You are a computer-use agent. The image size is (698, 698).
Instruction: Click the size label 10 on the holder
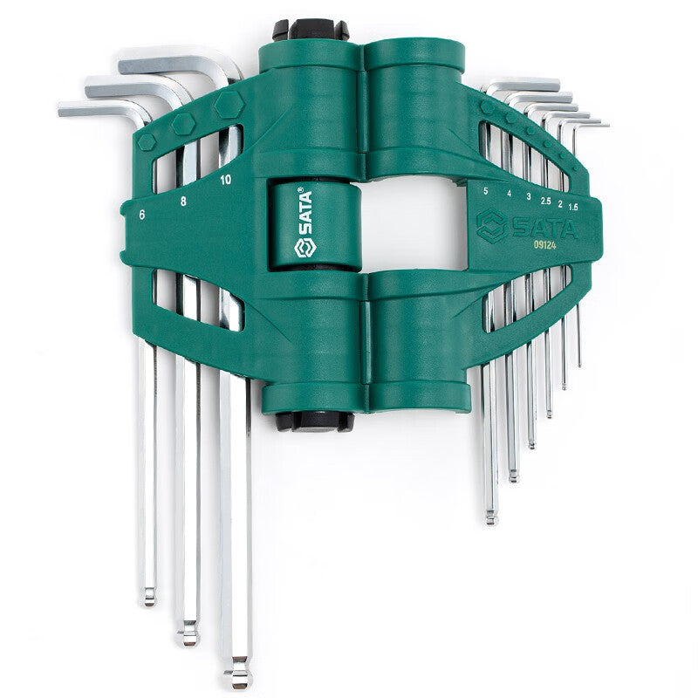pyautogui.click(x=226, y=180)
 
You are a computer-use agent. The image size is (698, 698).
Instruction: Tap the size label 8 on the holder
pyautogui.click(x=183, y=202)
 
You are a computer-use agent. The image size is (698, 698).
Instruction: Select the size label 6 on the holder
pyautogui.click(x=141, y=215)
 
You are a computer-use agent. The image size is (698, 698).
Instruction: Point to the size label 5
pyautogui.click(x=486, y=191)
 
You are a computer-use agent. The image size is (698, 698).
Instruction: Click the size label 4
pyautogui.click(x=510, y=194)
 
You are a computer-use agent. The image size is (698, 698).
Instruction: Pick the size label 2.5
pyautogui.click(x=546, y=202)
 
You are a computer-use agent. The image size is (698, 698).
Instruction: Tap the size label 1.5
pyautogui.click(x=573, y=207)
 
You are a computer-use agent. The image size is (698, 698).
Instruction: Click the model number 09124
pyautogui.click(x=544, y=244)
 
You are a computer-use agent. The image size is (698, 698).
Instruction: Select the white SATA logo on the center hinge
pyautogui.click(x=305, y=224)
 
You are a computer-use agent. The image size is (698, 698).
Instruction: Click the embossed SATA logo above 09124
pyautogui.click(x=527, y=226)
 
